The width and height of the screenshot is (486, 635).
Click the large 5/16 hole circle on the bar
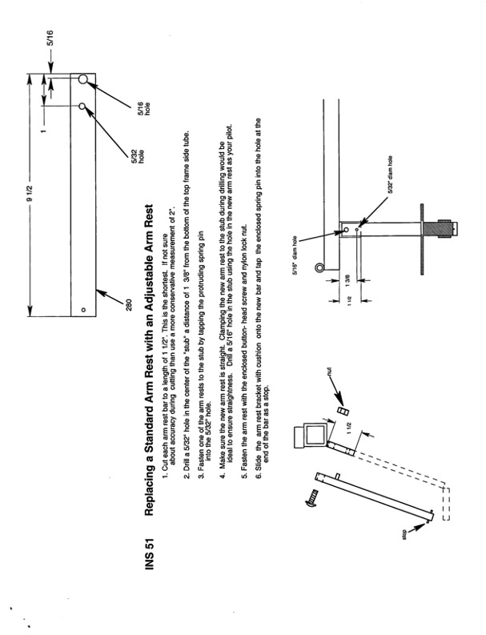(82, 79)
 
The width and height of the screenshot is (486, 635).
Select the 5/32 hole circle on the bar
(82, 107)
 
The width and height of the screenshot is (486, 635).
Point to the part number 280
(128, 303)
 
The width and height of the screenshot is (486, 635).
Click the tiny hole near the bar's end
(82, 310)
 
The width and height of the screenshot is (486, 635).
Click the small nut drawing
(343, 411)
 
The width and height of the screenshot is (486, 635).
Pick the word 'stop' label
(404, 535)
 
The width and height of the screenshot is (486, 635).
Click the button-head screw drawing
(311, 498)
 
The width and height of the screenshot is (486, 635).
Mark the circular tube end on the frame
(320, 267)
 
